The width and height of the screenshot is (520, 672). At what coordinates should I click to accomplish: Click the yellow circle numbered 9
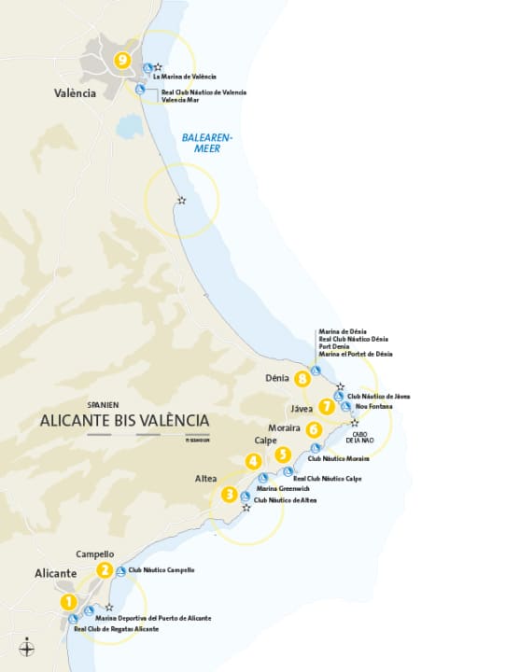point(121,60)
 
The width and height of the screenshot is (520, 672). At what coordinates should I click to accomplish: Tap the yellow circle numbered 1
point(68,602)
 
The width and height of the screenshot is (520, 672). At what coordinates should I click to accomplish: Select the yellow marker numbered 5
point(283,455)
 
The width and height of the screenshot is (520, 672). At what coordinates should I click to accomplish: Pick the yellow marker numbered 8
point(302,379)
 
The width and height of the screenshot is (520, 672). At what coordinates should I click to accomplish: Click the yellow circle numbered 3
point(229,495)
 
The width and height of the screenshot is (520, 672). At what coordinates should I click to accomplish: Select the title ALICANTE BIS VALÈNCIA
point(124,420)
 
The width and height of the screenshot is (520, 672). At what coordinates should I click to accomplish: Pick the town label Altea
point(205,478)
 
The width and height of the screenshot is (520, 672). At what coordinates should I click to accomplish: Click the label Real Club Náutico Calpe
point(327,479)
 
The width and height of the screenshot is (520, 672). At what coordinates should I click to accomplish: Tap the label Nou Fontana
point(374,407)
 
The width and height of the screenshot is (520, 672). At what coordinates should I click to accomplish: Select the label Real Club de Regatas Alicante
point(116,629)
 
